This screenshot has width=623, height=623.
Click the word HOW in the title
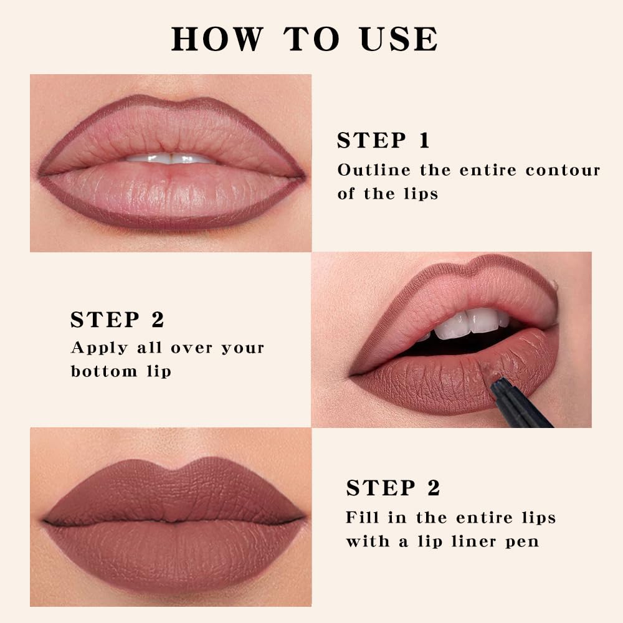[x=216, y=39]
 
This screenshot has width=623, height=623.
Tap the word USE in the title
[x=399, y=39]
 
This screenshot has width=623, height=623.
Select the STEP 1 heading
[x=383, y=141]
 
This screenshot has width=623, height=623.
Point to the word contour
[x=563, y=170]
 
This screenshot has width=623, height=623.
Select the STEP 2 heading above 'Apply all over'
[x=117, y=320]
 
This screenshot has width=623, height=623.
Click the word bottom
[x=103, y=371]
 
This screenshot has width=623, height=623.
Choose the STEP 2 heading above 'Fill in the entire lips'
[x=393, y=488]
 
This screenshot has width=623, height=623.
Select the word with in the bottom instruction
[x=368, y=541]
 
